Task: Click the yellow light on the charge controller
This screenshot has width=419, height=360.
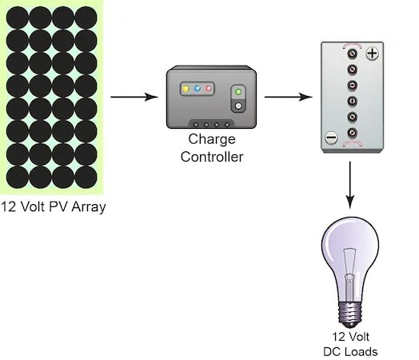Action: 186,89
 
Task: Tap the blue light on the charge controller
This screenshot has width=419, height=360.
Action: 198,89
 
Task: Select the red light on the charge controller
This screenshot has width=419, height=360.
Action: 209,89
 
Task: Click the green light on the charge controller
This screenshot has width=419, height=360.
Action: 238,92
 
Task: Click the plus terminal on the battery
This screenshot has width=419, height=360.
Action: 372,54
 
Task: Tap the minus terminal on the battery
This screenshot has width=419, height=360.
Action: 331,138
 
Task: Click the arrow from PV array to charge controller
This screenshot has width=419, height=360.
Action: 134,97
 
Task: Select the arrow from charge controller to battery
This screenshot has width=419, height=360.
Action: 289,97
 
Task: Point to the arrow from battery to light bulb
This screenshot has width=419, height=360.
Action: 349,185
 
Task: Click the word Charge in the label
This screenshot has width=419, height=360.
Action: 212,139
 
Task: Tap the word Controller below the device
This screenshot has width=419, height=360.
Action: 212,157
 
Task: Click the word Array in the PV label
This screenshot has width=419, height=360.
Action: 89,207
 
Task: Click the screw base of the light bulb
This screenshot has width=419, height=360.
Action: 350,314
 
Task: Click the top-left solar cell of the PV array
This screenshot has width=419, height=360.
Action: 18,18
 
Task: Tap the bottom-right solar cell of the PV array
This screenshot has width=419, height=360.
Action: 86,177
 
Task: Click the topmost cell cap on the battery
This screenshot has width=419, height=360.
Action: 352,54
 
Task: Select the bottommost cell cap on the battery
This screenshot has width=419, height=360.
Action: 352,133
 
